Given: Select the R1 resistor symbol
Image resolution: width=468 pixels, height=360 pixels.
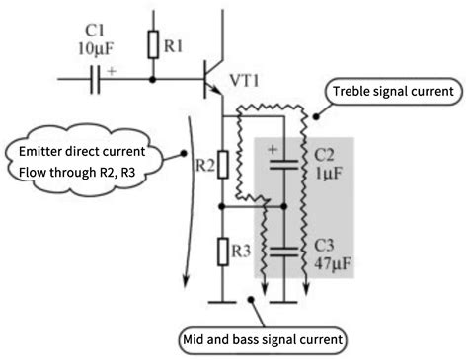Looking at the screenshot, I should pyautogui.click(x=152, y=44).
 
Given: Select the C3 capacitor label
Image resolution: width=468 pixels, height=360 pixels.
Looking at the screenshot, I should pyautogui.click(x=327, y=245).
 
